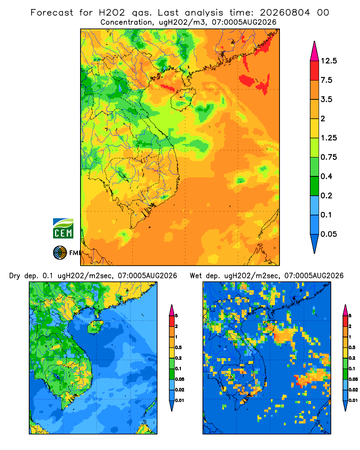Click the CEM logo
tap(63, 228)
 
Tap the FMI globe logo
tap(60, 253)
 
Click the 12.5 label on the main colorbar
tap(328, 61)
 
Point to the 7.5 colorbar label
tap(326, 80)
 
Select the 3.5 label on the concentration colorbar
tap(326, 99)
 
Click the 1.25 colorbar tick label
tap(328, 138)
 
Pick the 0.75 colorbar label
tap(328, 157)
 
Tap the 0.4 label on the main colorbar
tap(326, 176)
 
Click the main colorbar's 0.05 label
tap(328, 234)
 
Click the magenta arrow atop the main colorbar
tap(315, 52)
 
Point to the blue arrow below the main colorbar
tap(315, 243)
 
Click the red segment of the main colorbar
tap(315, 71)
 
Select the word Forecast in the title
tap(52, 13)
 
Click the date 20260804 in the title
tap(285, 13)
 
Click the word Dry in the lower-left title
tap(15, 276)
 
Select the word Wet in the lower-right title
tap(196, 276)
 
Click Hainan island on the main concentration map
tap(183, 99)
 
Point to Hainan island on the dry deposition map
tap(95, 327)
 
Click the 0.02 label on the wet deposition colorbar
tap(353, 390)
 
